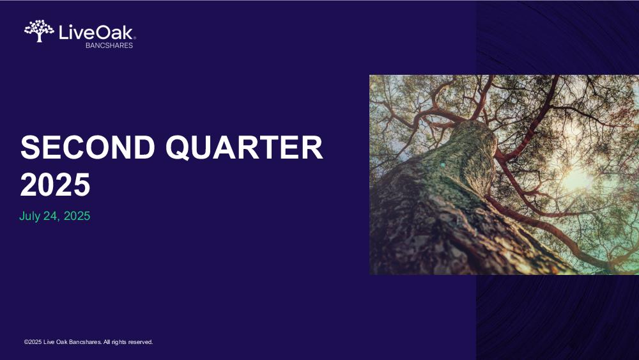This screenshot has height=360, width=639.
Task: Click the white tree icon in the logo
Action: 39,31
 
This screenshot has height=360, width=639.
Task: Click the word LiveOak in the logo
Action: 96,33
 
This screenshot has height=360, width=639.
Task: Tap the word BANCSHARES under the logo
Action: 109,45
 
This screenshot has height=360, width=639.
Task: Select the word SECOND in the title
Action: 88,147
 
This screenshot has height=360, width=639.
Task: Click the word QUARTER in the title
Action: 244,148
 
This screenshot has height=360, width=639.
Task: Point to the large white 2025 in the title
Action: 55,185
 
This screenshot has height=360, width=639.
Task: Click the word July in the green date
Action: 29,216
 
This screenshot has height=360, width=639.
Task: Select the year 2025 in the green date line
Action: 77,216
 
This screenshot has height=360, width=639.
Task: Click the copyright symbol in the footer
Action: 26,342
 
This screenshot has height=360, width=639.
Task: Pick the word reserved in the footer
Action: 140,342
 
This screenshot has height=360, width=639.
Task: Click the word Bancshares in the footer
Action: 85,342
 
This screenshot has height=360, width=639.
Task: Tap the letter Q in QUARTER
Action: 178,148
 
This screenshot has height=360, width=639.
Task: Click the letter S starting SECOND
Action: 30,147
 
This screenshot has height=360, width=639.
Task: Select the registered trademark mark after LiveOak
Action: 134,38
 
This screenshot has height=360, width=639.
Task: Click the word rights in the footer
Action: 119,342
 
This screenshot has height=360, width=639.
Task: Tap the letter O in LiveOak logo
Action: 105,33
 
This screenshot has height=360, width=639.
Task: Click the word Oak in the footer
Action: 62,342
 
